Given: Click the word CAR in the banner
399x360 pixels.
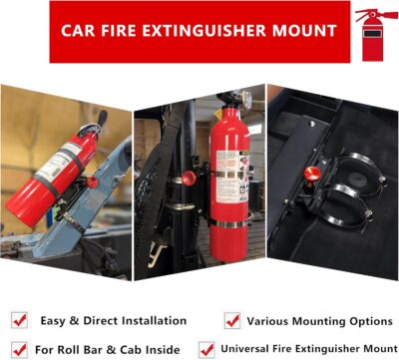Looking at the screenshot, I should click(81, 31).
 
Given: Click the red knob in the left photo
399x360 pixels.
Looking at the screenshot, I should click(92, 181).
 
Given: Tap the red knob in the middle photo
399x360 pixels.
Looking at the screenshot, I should click(188, 179).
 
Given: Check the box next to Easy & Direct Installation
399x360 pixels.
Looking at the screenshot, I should click(19, 320).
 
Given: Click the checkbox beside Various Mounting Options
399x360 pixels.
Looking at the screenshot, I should click(232, 320).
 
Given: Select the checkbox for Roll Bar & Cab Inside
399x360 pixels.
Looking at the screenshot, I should click(19, 349).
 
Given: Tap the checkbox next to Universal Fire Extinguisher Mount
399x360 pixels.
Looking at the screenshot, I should click(206, 349).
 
